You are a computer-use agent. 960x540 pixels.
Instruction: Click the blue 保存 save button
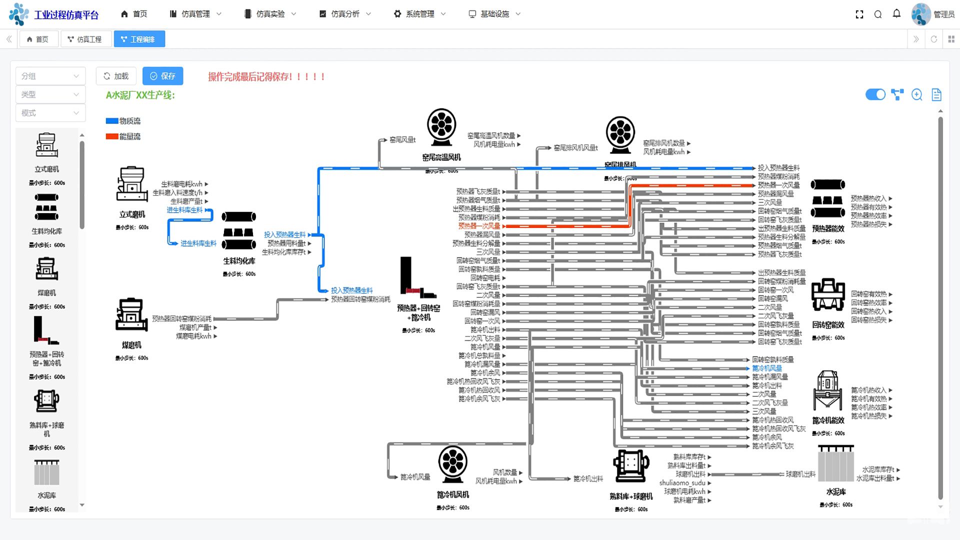(x=162, y=76)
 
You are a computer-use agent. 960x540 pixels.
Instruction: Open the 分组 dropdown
(x=50, y=76)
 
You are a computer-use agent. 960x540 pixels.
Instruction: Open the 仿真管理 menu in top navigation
(x=195, y=14)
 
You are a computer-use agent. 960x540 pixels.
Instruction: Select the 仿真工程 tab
(x=84, y=39)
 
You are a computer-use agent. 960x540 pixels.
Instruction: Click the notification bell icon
(x=896, y=14)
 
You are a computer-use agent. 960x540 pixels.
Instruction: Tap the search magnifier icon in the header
(x=877, y=14)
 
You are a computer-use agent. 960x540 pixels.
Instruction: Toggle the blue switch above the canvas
(x=875, y=94)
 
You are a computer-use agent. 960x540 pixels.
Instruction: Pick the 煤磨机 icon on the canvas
(x=131, y=315)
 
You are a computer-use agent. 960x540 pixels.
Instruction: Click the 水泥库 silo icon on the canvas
(x=835, y=465)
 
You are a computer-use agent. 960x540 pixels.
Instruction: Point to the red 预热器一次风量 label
(x=478, y=226)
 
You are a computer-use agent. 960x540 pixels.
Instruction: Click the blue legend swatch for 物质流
(x=112, y=121)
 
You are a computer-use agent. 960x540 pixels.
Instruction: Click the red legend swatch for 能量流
(x=112, y=136)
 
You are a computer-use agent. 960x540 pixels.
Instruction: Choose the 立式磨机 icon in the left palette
(x=46, y=146)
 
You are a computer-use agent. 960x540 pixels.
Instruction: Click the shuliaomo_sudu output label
(x=682, y=483)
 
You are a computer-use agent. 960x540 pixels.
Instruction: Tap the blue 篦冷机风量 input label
(x=767, y=368)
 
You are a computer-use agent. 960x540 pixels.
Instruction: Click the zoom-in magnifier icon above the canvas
(x=916, y=94)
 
